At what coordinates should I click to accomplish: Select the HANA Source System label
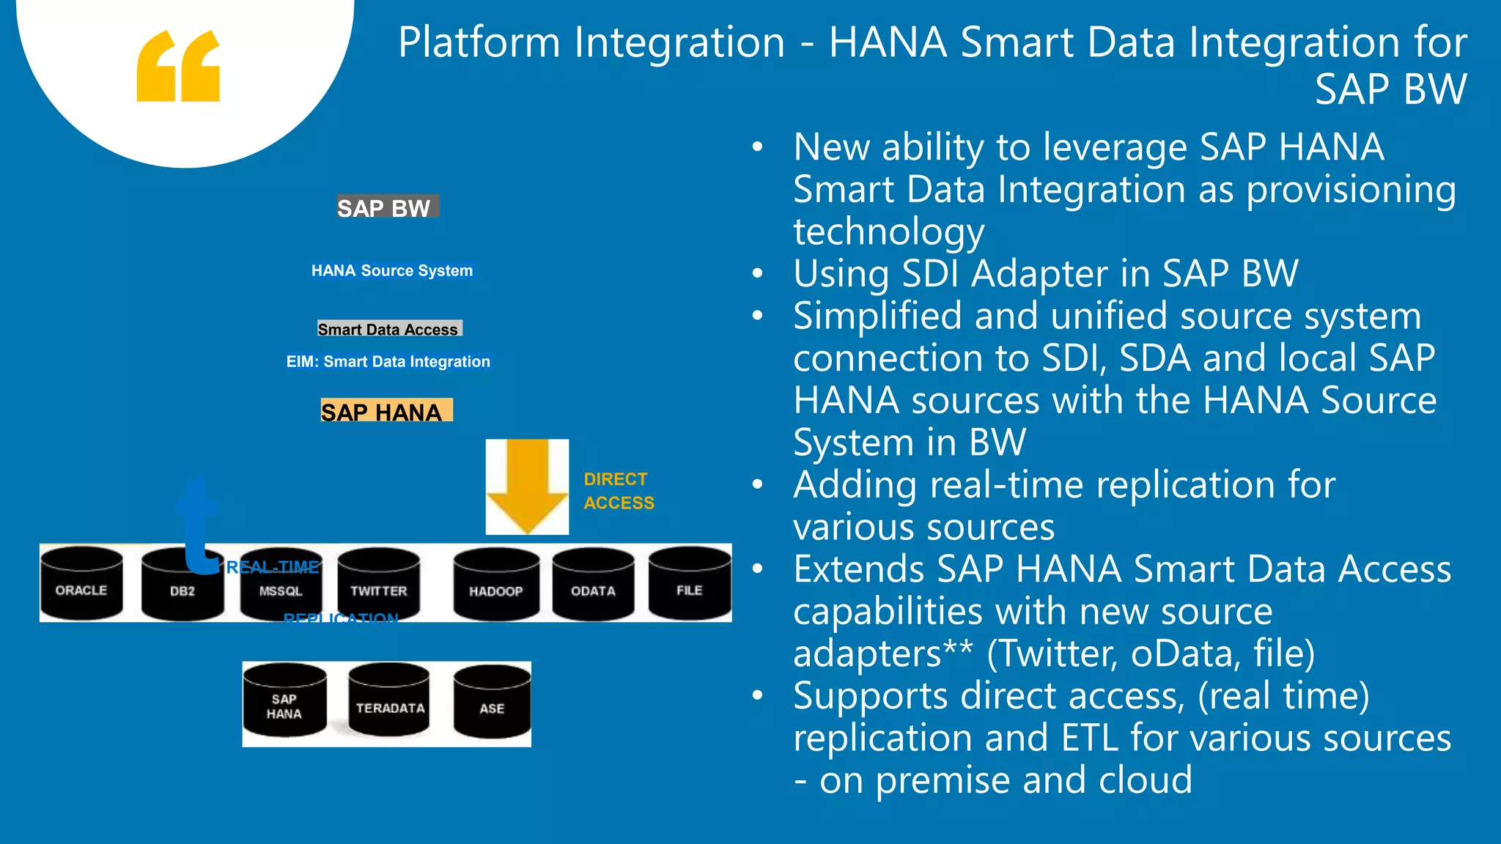(392, 271)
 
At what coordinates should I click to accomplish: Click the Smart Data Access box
(389, 329)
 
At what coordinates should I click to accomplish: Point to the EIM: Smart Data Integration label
(388, 362)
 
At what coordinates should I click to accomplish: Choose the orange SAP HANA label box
(386, 411)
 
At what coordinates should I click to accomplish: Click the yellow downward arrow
(527, 486)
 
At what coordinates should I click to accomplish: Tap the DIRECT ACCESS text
(618, 491)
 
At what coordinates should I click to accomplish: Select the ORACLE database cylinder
(81, 584)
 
